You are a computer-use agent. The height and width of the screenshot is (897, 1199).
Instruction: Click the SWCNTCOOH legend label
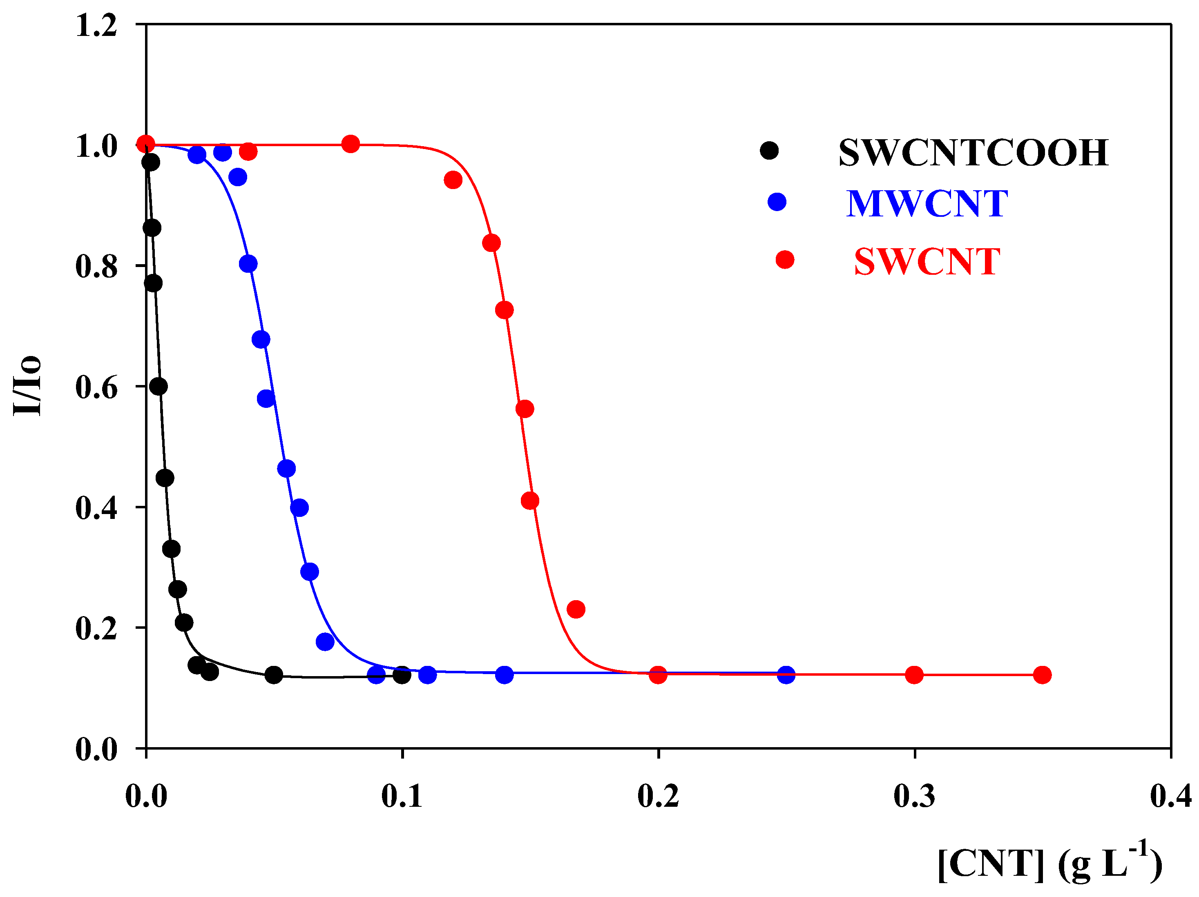pos(973,153)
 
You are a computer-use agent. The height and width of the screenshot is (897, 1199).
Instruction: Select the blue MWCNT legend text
pos(927,204)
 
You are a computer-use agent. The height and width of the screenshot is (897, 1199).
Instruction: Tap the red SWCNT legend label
pos(927,262)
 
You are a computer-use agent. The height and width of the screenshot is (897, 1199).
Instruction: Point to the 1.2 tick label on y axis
pos(96,25)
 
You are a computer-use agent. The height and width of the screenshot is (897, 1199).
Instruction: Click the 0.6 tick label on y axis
pos(96,387)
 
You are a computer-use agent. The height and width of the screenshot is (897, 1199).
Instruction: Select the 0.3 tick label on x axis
pos(914,796)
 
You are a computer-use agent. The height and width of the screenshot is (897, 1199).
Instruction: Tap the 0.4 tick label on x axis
pos(1171,796)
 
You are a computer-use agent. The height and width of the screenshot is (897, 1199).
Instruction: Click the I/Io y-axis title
pos(27,386)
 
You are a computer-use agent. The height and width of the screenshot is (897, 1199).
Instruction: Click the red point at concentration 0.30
pos(914,675)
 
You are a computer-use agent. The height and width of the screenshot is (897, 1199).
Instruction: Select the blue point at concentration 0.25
pos(786,675)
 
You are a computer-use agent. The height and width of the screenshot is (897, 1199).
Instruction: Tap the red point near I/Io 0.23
pos(576,610)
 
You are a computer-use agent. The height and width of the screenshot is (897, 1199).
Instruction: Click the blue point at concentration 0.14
pos(505,675)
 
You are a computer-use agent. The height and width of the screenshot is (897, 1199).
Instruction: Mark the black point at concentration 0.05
pos(274,675)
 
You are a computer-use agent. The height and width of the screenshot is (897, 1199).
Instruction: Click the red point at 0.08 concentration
pos(351,144)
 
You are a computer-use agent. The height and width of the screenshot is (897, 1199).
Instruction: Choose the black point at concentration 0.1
pos(402,675)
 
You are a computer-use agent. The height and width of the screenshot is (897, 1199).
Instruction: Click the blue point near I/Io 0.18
pos(325,642)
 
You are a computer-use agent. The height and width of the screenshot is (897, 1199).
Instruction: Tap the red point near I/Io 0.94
pos(453,180)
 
